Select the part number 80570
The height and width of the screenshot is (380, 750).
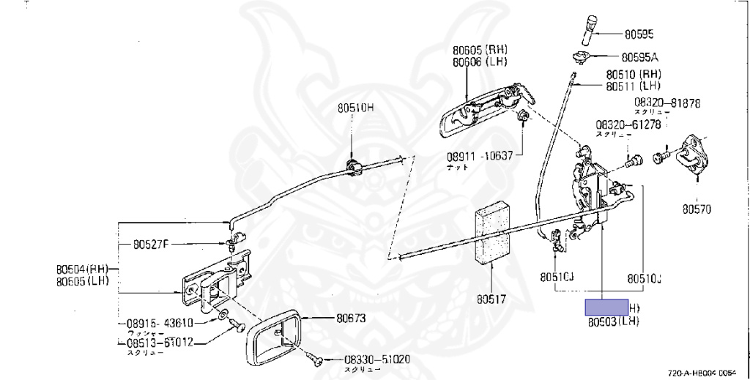(697, 209)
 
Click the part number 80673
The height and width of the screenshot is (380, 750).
(352, 318)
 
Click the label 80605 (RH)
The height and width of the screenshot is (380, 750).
(480, 51)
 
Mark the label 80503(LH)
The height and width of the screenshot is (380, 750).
(613, 321)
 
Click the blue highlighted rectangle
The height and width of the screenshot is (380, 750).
(606, 308)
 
